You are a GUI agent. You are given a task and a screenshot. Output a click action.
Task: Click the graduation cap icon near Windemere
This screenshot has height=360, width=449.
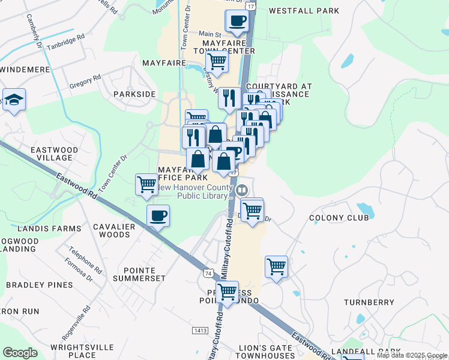click(x=13, y=100)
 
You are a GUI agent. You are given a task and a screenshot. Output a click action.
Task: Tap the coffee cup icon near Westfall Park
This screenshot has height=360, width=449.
click(x=237, y=21)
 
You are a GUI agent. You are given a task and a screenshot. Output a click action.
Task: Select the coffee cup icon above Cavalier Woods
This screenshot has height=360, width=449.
click(x=158, y=215)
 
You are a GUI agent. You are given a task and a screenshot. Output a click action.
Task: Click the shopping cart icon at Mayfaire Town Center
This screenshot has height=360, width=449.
click(x=217, y=61)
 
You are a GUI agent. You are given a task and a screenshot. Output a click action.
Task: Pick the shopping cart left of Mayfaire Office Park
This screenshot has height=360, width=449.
click(x=146, y=185)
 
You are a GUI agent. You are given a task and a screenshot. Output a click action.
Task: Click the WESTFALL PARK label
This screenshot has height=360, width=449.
click(x=304, y=11)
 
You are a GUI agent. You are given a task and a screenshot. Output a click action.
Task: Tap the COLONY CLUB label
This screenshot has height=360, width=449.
click(x=339, y=218)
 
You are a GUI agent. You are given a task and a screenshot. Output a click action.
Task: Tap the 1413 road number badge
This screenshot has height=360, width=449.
click(x=200, y=331)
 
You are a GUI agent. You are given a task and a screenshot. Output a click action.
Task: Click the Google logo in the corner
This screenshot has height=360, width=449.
click(x=20, y=353)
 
